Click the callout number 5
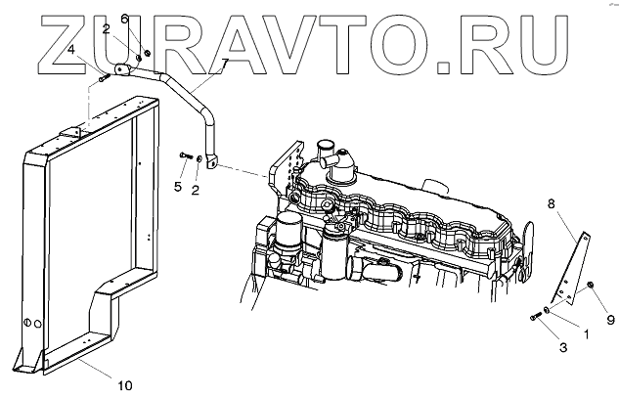click(x=178, y=186)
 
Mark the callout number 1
click(x=586, y=334)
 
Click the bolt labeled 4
click(x=105, y=76)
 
